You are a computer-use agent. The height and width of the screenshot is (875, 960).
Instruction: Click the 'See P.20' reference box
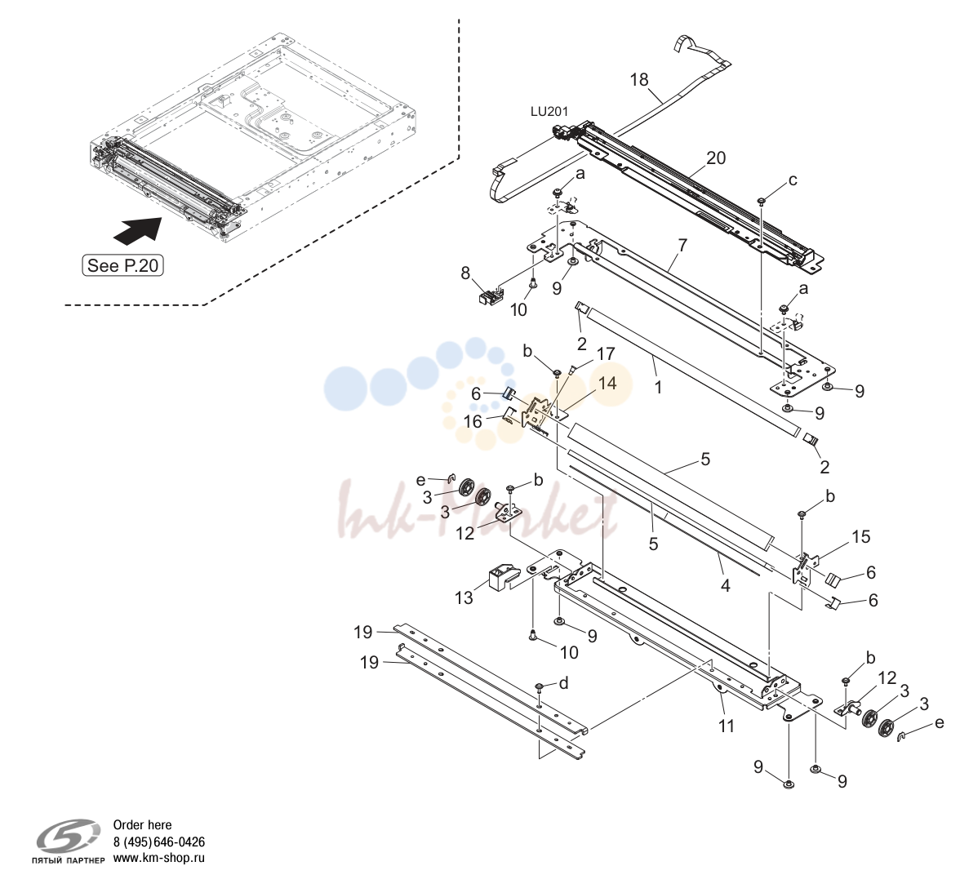(122, 265)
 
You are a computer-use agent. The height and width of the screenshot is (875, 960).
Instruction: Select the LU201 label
(549, 112)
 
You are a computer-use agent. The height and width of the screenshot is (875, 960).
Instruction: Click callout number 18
(638, 80)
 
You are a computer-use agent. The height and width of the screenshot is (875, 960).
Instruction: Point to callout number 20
(716, 158)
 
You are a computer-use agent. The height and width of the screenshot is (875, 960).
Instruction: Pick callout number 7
(682, 245)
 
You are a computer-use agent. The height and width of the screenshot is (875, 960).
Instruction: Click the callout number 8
(466, 273)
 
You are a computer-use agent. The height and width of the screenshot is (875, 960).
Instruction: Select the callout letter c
(793, 180)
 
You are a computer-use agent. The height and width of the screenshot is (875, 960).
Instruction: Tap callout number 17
(606, 354)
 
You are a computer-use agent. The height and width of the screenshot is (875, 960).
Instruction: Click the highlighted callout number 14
(607, 384)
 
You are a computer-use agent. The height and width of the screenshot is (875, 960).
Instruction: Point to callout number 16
(473, 422)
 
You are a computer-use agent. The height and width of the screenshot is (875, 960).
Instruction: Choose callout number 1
(658, 387)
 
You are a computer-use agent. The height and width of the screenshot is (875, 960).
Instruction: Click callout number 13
(464, 597)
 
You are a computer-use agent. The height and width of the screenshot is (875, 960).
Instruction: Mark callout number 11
(727, 726)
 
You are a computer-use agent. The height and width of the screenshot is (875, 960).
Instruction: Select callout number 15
(860, 536)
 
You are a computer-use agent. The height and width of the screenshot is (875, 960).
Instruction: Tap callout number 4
(726, 586)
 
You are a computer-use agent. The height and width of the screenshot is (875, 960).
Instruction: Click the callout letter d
(563, 682)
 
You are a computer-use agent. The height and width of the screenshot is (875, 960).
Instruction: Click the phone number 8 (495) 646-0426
(159, 842)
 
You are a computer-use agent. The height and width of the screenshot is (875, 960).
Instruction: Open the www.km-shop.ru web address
(159, 858)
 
